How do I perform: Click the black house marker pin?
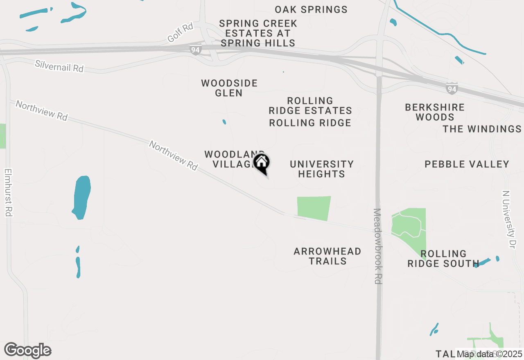(x=261, y=163)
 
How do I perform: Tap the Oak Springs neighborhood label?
(x=311, y=9)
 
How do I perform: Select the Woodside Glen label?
(x=229, y=88)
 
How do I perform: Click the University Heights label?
(x=322, y=169)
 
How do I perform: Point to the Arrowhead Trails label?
(x=327, y=256)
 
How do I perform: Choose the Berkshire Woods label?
(x=435, y=112)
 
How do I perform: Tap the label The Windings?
(x=482, y=129)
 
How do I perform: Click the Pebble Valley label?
(x=467, y=164)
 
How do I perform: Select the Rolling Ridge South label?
(x=443, y=259)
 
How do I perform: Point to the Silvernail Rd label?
(x=59, y=66)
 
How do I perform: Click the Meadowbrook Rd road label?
(x=377, y=246)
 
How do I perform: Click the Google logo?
(x=27, y=351)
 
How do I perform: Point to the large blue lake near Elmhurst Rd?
(x=81, y=197)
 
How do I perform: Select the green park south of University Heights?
(x=314, y=208)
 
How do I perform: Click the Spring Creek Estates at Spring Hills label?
(x=258, y=33)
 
